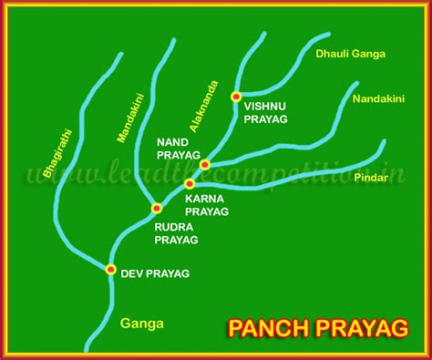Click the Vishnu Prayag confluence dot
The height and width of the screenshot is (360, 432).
pyautogui.click(x=236, y=96)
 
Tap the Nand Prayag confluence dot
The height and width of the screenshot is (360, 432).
pyautogui.click(x=205, y=165)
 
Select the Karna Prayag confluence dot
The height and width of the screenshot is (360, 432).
pyautogui.click(x=190, y=183)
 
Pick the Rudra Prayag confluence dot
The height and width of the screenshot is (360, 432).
pyautogui.click(x=156, y=209)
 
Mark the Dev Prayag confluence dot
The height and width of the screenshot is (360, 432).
pyautogui.click(x=110, y=269)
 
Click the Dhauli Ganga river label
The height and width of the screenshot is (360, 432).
pyautogui.click(x=350, y=54)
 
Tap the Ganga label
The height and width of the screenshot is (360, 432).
pyautogui.click(x=141, y=323)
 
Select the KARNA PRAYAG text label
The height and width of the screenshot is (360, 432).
pyautogui.click(x=206, y=204)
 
